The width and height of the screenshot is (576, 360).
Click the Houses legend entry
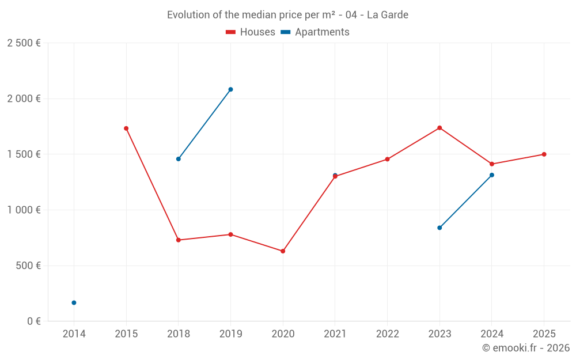click(251, 32)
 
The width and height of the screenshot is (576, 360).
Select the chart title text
click(287, 15)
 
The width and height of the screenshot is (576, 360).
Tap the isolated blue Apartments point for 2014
click(74, 302)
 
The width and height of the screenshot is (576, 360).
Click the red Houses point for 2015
click(126, 128)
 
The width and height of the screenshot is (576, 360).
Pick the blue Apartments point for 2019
click(230, 89)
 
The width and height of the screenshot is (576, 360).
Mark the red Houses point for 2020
click(283, 251)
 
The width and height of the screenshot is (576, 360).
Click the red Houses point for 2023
click(439, 128)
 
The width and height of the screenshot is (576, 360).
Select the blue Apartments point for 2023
click(439, 228)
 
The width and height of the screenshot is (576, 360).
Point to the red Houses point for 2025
click(544, 154)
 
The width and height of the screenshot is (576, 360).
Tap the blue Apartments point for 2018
click(179, 159)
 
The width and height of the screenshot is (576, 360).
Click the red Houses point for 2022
click(387, 159)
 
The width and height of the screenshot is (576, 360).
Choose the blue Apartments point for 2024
click(492, 175)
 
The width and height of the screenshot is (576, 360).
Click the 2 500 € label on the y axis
click(24, 43)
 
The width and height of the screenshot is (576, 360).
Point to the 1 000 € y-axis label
click(24, 210)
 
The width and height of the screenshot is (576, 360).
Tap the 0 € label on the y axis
click(33, 321)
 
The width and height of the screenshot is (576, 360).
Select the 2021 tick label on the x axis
click(335, 334)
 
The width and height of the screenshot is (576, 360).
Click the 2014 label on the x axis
click(74, 334)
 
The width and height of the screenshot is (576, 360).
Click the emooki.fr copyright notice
click(526, 348)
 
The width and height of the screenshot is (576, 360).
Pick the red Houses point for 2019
click(230, 234)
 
